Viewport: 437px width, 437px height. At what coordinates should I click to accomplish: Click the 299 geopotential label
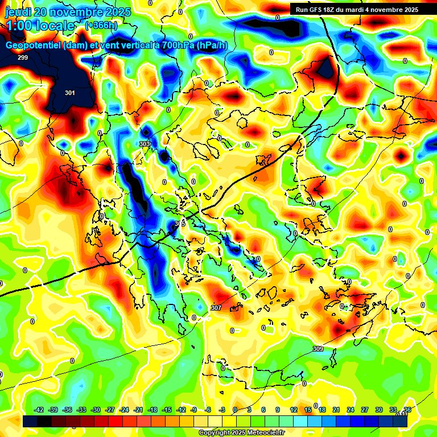23,57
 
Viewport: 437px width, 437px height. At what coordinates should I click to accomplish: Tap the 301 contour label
69,93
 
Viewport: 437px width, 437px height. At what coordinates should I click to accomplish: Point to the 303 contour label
145,144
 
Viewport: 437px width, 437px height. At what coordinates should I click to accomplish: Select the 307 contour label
216,308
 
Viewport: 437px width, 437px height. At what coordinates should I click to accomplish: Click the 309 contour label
318,349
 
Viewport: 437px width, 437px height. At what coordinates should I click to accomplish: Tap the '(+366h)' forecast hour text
101,26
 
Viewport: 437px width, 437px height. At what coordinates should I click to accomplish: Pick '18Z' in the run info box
339,10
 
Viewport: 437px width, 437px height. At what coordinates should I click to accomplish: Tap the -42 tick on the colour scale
39,410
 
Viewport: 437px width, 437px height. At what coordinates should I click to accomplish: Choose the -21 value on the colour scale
138,410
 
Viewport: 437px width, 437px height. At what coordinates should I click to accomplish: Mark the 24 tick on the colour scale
350,410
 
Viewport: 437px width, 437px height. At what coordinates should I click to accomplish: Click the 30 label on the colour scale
378,410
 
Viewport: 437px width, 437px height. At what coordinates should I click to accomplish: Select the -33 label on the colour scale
81,410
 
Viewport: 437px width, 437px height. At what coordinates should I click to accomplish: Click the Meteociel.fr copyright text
242,432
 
